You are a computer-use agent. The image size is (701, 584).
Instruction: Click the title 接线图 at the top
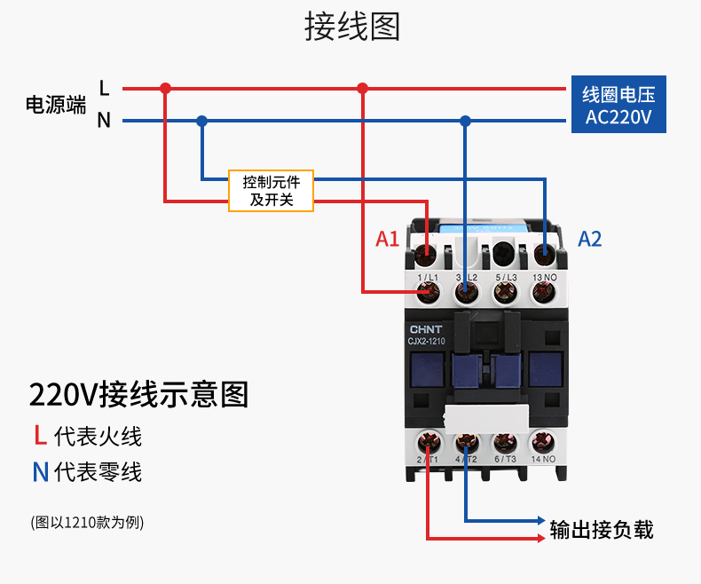(x=352, y=27)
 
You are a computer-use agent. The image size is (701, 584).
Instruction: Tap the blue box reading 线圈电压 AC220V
(x=618, y=106)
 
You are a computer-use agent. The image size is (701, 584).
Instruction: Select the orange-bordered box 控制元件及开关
(x=271, y=190)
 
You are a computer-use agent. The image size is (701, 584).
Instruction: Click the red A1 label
(x=388, y=239)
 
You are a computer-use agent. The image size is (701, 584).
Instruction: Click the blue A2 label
(x=590, y=239)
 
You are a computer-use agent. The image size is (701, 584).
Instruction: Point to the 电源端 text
(x=55, y=105)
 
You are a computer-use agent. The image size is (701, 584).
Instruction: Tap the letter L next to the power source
(x=104, y=88)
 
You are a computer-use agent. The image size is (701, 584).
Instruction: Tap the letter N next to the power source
(x=104, y=121)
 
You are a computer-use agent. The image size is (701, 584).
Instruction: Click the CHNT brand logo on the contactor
(x=425, y=327)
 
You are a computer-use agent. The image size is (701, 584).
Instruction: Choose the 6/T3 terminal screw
(x=505, y=441)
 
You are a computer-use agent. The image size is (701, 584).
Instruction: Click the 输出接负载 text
(x=601, y=530)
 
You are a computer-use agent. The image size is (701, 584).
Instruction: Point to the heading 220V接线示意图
(x=138, y=394)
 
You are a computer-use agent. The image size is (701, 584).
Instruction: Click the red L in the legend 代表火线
(x=40, y=436)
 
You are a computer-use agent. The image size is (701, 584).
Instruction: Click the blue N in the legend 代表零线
(x=40, y=471)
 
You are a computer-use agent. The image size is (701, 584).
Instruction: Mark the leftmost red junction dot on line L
(x=165, y=88)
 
